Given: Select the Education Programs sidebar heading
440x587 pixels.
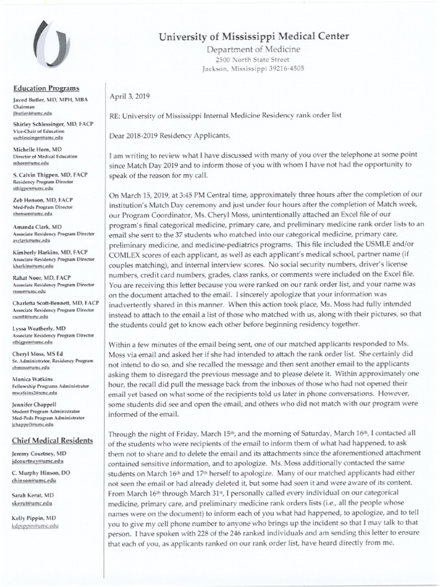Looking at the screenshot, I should tap(46, 88).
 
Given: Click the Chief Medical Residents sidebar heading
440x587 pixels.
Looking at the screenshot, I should tap(52, 440).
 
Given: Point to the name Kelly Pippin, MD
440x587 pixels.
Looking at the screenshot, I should tap(35, 518).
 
